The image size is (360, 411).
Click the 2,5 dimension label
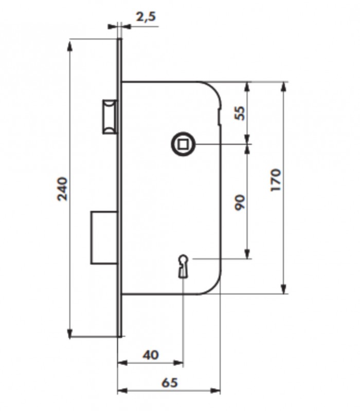pos(146,17)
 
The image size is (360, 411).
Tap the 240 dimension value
pos(62,189)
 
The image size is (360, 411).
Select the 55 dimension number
pos(240,113)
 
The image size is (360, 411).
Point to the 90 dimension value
pos(240,202)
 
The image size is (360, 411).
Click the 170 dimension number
pos(276,180)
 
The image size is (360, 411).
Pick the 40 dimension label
pos(151,355)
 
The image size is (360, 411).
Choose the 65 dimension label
pos(170,382)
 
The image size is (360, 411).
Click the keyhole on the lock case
pos(183,266)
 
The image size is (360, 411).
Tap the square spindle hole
pos(183,144)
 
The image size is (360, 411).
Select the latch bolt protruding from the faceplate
pos(110,117)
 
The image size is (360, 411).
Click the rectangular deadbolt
pos(104,237)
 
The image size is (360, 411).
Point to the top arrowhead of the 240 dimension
pos(69,45)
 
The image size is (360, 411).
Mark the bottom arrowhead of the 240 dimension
pos(69,332)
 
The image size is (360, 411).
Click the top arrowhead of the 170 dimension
pos(283,87)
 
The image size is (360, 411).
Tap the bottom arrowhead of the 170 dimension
pos(283,289)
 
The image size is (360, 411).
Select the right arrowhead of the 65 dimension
pos(215,391)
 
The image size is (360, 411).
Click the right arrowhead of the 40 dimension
pos(178,363)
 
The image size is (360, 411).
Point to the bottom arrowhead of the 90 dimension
pos(247,253)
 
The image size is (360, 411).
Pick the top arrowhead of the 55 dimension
pos(247,87)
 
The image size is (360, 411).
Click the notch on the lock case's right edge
pos(219,115)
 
